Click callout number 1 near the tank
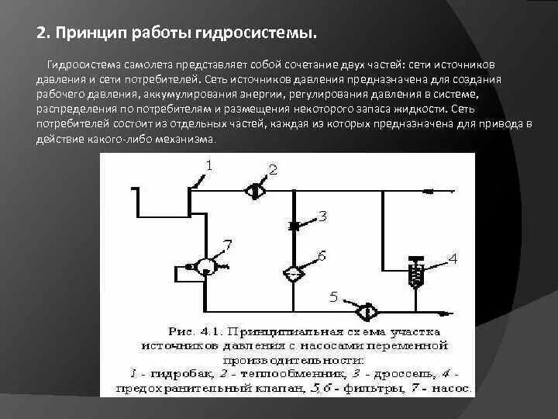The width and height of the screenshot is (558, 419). coord(209,164)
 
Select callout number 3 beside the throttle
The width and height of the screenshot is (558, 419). coord(322,216)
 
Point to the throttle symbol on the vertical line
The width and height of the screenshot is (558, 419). coord(294,226)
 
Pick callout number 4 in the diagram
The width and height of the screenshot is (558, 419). coord(453,258)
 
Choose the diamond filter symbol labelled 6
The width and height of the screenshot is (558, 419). coord(294,273)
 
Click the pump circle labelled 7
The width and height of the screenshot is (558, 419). coord(205,266)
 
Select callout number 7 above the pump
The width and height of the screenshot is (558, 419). coord(226,244)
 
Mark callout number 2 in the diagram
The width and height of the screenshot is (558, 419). coord(273,169)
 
